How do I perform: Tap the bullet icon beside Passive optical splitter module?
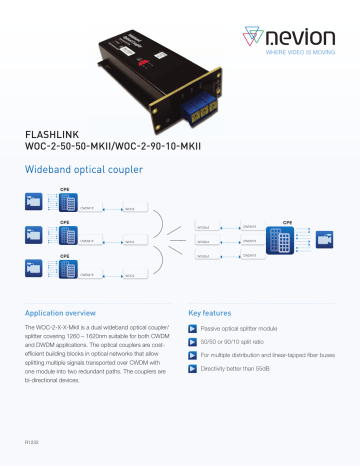click(195, 329)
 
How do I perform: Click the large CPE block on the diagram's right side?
click(287, 244)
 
